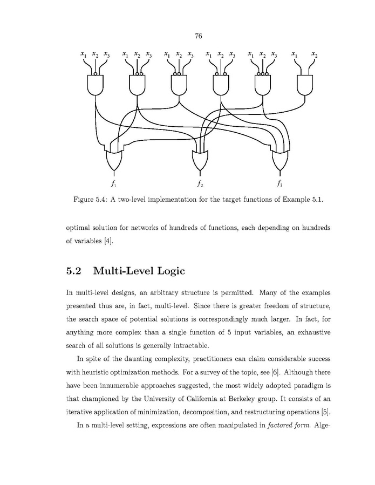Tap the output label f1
click(114, 183)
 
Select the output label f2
click(199, 183)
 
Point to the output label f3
click(279, 183)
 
